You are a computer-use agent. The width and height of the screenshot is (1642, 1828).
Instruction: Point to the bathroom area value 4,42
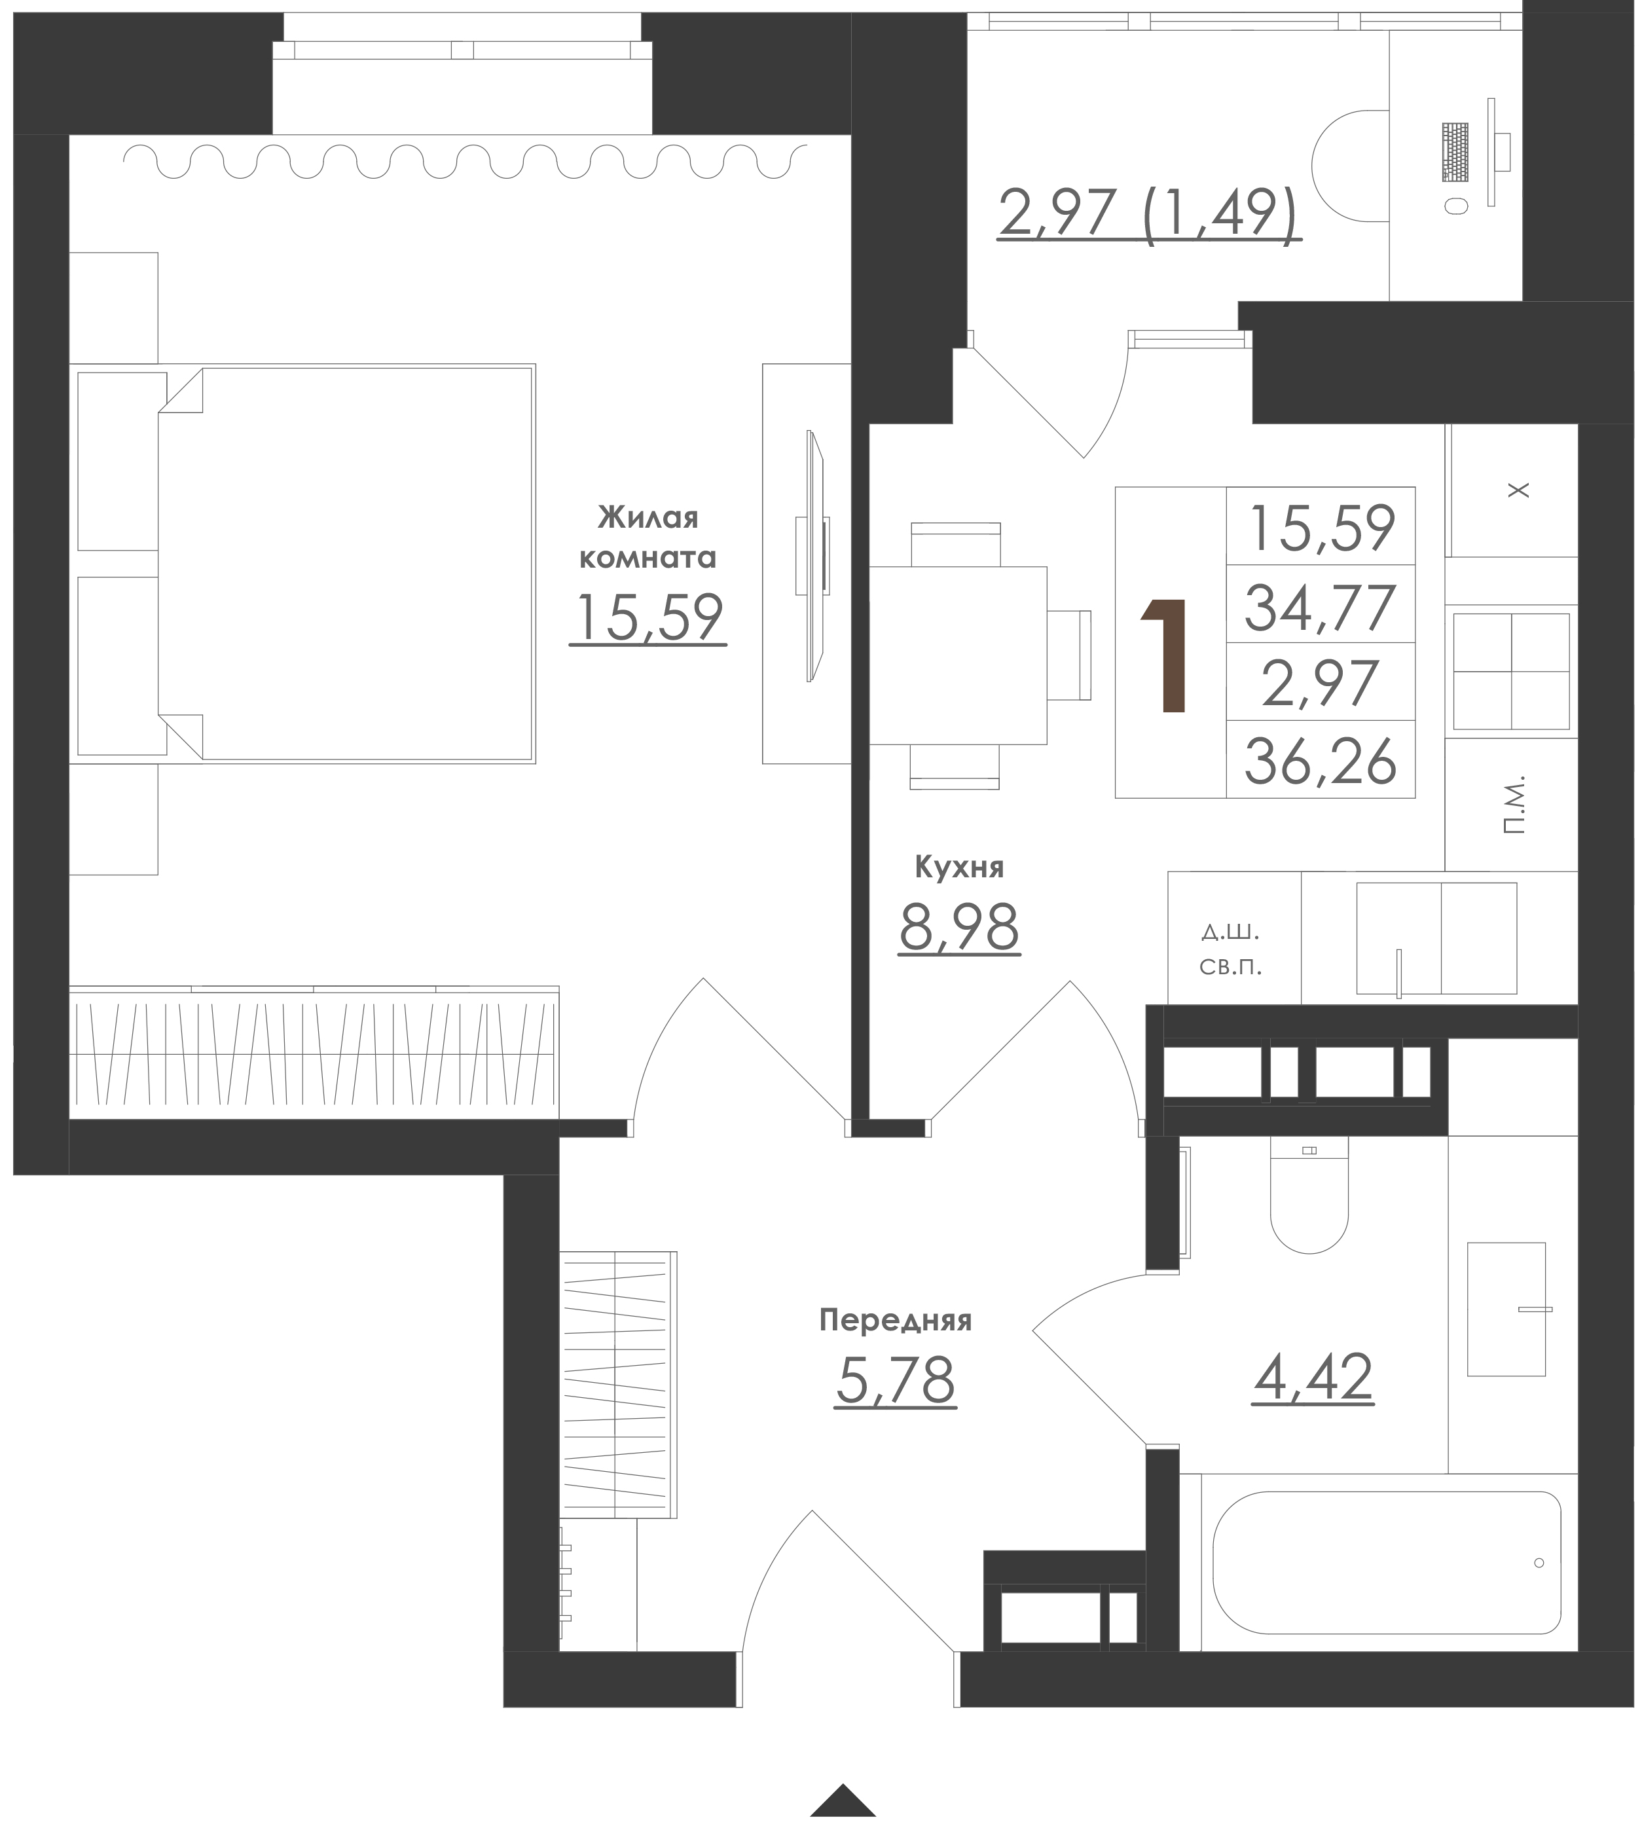pos(1313,1377)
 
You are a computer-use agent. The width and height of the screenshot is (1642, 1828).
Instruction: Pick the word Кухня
pos(959,867)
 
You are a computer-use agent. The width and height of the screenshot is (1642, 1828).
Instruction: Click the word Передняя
pos(895,1321)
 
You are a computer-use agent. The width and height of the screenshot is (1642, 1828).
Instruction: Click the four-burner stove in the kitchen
pos(1511,671)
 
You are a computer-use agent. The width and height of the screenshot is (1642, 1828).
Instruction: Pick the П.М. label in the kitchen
pos(1515,803)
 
